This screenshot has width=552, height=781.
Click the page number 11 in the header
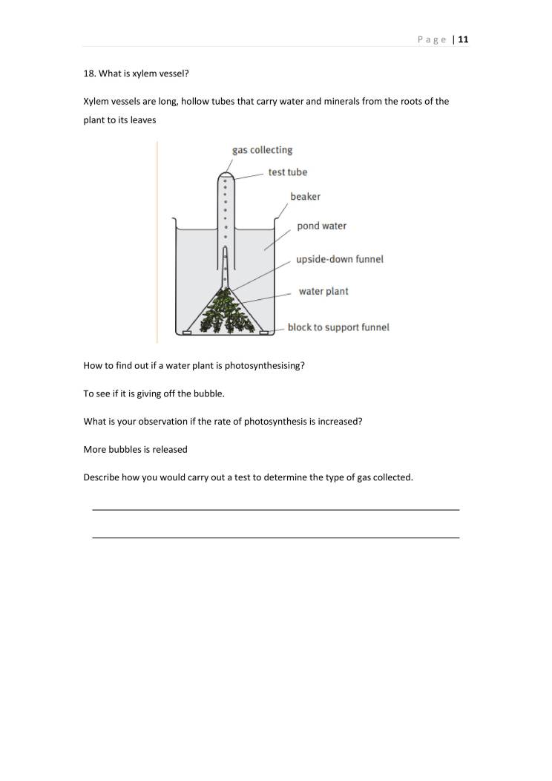point(463,40)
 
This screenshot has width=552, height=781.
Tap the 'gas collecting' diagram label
point(262,150)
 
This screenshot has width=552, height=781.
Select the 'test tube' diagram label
point(287,172)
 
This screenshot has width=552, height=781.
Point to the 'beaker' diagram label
point(305,197)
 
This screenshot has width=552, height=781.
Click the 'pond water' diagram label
point(321,226)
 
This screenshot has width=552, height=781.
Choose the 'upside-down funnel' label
point(339,260)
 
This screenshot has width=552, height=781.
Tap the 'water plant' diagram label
point(323,292)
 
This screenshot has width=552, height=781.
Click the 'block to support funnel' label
point(338,327)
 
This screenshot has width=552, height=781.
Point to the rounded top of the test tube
point(226,176)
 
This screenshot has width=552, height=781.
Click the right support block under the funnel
point(263,333)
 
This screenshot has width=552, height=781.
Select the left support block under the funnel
point(187,333)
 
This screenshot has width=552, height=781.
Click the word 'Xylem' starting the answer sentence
point(96,102)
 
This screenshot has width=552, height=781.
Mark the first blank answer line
point(275,509)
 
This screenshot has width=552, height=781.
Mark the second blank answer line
point(275,537)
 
